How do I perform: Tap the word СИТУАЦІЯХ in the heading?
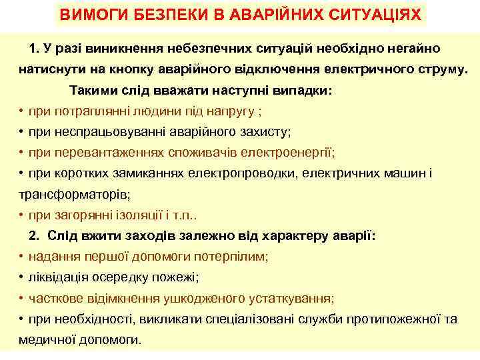pyautogui.click(x=374, y=15)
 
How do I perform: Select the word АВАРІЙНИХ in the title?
pyautogui.click(x=267, y=15)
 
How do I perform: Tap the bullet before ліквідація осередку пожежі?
pyautogui.click(x=22, y=277)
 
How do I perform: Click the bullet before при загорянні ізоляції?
pyautogui.click(x=22, y=215)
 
